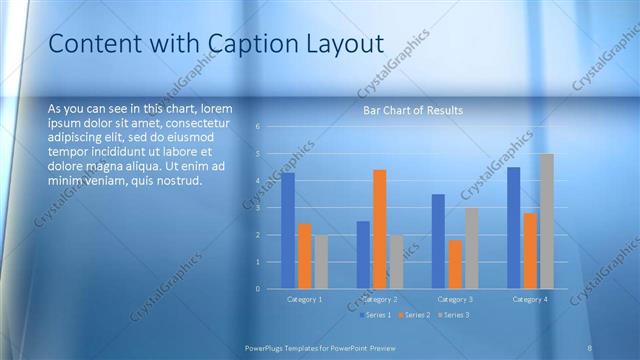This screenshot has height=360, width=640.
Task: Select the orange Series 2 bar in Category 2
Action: pyautogui.click(x=379, y=229)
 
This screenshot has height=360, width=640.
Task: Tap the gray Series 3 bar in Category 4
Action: pyautogui.click(x=546, y=221)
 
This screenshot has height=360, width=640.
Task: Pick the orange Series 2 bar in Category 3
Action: pyautogui.click(x=455, y=264)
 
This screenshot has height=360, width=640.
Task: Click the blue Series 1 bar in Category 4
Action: pyautogui.click(x=513, y=228)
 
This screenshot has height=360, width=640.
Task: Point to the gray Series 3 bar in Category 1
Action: pyautogui.click(x=321, y=262)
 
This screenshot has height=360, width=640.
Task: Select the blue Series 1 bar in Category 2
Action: pyautogui.click(x=363, y=255)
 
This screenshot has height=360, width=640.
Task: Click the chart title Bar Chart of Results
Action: pyautogui.click(x=412, y=110)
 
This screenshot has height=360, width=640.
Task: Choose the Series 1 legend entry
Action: pyautogui.click(x=376, y=315)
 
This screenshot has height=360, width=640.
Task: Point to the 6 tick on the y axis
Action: pyautogui.click(x=258, y=127)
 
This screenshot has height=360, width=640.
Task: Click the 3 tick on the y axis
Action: pyautogui.click(x=258, y=208)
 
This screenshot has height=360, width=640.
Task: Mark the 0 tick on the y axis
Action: pyautogui.click(x=258, y=289)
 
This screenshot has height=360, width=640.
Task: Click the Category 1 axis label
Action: pyautogui.click(x=304, y=299)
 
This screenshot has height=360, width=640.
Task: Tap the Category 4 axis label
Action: pyautogui.click(x=529, y=299)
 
